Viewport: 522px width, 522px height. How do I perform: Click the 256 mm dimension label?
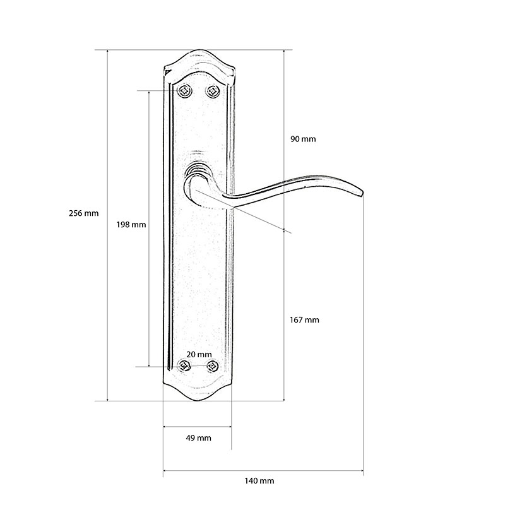[83, 213]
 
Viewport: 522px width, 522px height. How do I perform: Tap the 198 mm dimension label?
[131, 225]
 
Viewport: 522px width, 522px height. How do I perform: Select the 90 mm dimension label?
[303, 139]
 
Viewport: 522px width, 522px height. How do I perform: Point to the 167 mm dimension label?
[304, 320]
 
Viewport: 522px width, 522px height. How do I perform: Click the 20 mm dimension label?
[199, 355]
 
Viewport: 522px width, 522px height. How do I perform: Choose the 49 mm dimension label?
[198, 438]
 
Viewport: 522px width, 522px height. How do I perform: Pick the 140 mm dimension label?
[259, 481]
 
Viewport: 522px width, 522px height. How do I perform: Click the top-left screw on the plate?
[184, 90]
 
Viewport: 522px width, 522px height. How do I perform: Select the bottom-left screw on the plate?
[184, 366]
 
